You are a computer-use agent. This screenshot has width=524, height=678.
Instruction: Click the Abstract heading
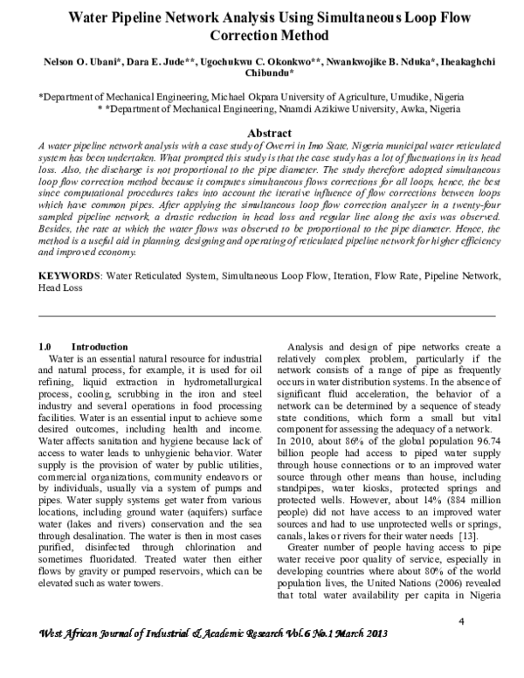click(261, 131)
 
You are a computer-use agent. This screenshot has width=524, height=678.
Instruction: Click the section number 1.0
click(50, 347)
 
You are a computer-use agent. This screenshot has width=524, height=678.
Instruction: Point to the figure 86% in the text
click(326, 442)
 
